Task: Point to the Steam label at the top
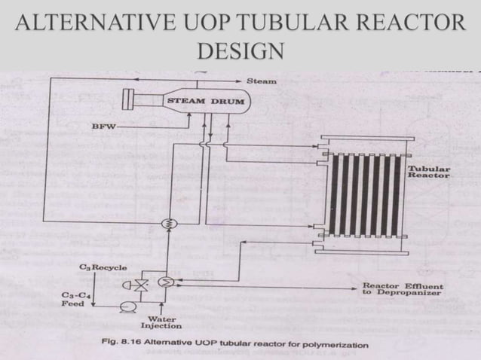click(x=262, y=81)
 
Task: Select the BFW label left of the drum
click(x=103, y=127)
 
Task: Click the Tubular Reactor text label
click(x=428, y=172)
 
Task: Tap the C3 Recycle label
click(x=103, y=267)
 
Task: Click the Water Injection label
click(x=161, y=322)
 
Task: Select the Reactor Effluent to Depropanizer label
click(x=403, y=289)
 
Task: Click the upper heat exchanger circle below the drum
click(x=167, y=223)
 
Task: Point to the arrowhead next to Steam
click(x=240, y=81)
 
